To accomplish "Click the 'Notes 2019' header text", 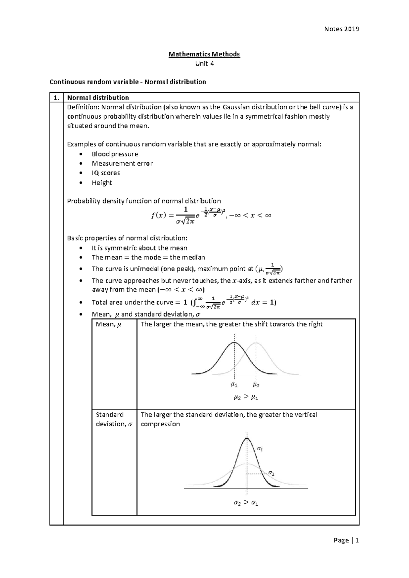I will [342, 29].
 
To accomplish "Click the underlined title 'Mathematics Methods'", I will [204, 54].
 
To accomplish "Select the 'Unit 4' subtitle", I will [204, 63].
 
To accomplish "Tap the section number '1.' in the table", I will [56, 98].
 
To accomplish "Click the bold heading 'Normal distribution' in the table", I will [98, 98].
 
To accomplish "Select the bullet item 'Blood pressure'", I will [115, 154].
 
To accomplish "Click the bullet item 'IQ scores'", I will [106, 173].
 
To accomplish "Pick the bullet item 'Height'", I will [102, 183].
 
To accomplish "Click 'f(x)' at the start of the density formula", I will [158, 215].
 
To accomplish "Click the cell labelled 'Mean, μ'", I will [108, 324].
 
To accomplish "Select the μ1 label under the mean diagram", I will [234, 385].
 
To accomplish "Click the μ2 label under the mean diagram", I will [256, 385].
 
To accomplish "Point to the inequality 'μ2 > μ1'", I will [246, 397].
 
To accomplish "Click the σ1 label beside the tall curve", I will [260, 449].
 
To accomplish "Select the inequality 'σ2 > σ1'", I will [246, 503].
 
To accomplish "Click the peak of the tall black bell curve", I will [247, 439].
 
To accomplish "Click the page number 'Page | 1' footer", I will [346, 540].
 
